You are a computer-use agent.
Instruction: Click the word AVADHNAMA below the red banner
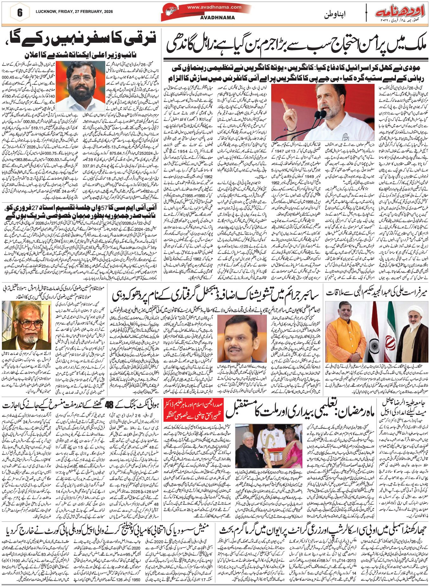point(217,18)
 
